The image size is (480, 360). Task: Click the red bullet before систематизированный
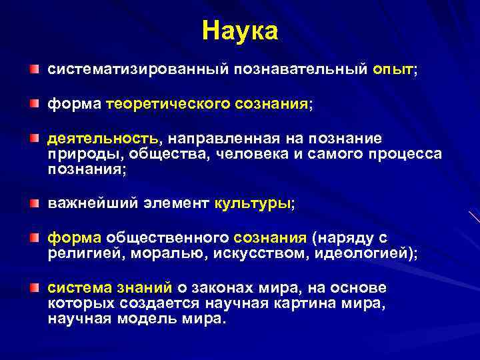(34, 69)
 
